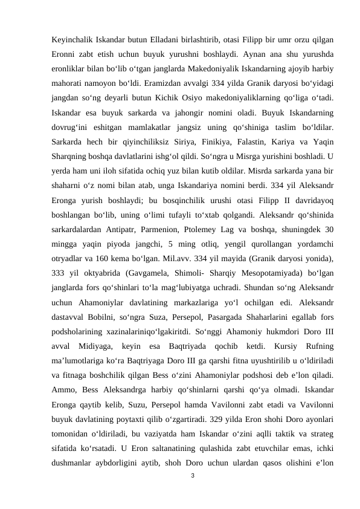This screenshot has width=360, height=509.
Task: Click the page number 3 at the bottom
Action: pos(192,476)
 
